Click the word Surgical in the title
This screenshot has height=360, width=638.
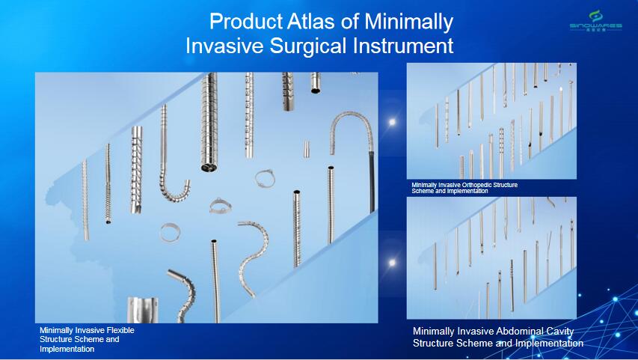(309, 45)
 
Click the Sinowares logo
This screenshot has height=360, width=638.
(595, 21)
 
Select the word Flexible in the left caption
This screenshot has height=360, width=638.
(119, 330)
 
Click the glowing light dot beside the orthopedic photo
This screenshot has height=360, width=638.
(392, 122)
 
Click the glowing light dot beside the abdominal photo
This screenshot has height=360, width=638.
(392, 263)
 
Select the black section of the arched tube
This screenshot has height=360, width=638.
(372, 182)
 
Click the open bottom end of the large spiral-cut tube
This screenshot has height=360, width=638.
(209, 167)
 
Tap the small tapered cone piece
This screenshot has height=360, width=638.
(307, 149)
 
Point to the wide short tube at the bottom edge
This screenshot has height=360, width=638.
(142, 310)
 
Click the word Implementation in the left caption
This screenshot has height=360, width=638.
(67, 349)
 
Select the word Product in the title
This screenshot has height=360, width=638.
(246, 21)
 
